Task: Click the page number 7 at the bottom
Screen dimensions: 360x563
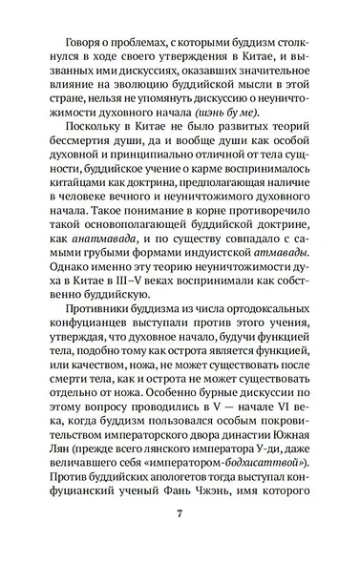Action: tap(180, 515)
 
